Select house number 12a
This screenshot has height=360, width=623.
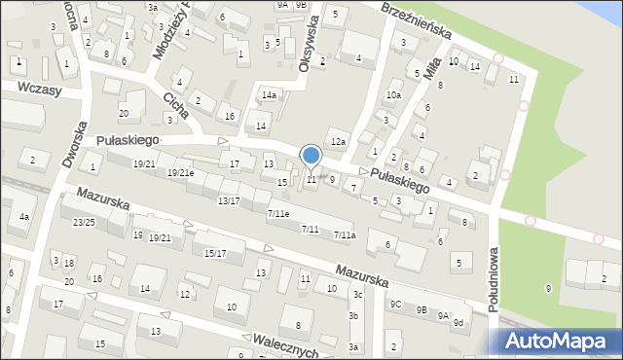[338, 143]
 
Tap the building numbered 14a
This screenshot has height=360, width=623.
[269, 95]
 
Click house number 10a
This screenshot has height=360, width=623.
[393, 95]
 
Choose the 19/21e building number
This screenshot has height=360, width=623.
[181, 173]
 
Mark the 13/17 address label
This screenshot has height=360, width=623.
[229, 200]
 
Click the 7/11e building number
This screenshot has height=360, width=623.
[277, 213]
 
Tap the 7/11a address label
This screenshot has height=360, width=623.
[345, 234]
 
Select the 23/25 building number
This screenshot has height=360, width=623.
[83, 222]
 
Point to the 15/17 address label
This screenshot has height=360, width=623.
[215, 253]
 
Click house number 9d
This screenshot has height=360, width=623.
[458, 322]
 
